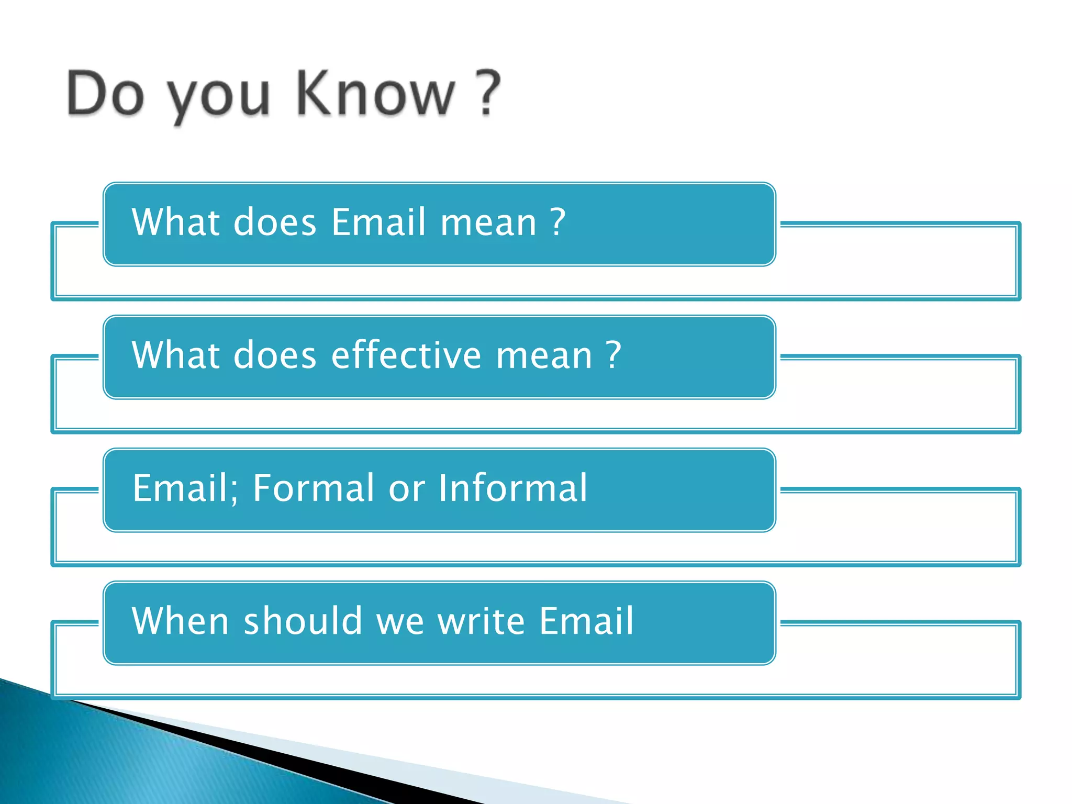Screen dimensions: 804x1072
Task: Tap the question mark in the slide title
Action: (489, 93)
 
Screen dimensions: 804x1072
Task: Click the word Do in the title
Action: (105, 93)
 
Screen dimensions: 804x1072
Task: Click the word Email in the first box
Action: (378, 222)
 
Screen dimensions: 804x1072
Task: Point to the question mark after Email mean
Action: (558, 222)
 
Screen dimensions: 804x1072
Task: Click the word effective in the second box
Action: (406, 355)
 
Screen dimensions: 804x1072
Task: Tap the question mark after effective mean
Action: (613, 355)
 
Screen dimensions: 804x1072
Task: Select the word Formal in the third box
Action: (313, 488)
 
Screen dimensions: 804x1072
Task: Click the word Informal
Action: (512, 488)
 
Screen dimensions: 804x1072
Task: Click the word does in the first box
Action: (275, 222)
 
